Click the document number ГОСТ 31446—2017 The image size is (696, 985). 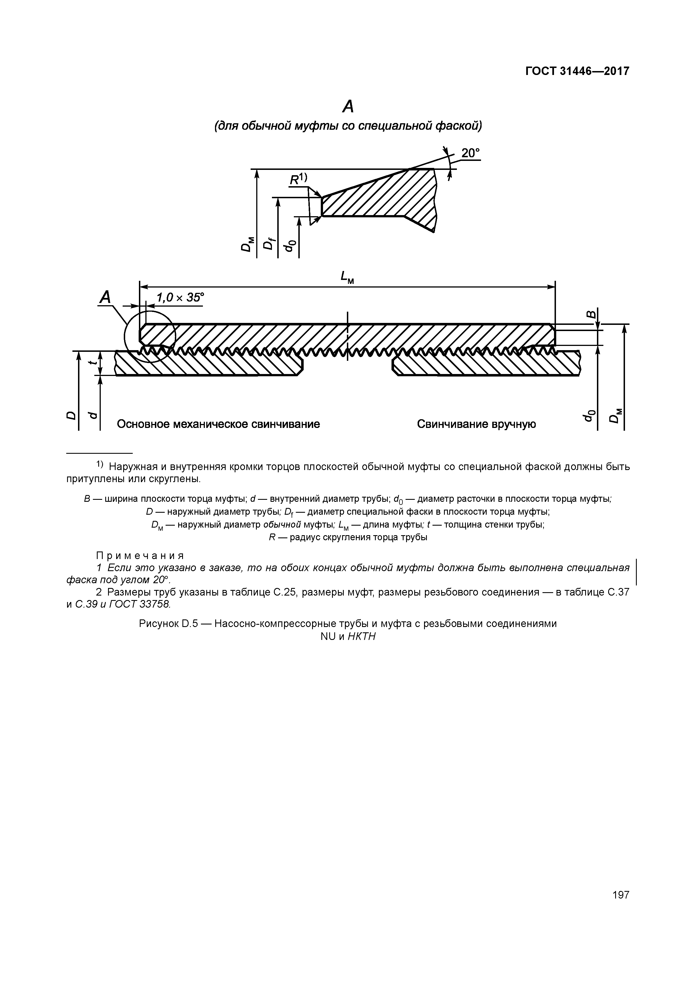[577, 71]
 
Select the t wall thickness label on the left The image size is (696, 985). [91, 362]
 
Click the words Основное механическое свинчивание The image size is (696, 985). [218, 424]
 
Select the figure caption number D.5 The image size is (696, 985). [188, 623]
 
